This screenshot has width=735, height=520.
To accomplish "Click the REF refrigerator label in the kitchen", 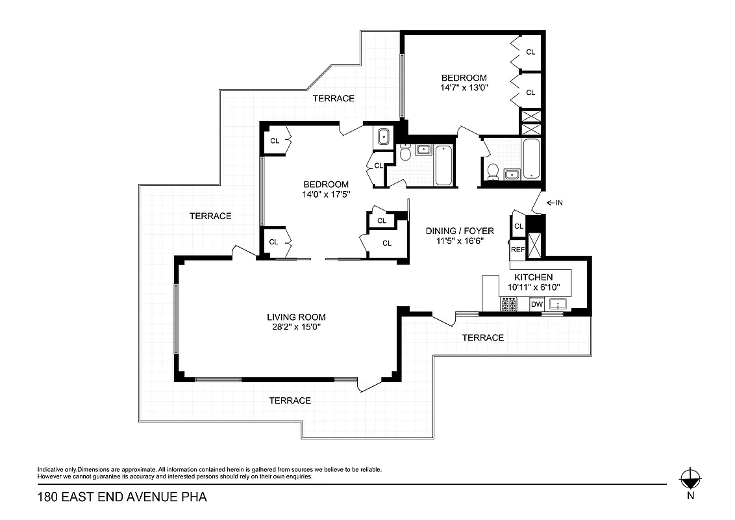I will [517, 250].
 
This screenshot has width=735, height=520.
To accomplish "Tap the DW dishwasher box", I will [536, 304].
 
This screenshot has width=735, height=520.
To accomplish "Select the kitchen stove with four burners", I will [508, 304].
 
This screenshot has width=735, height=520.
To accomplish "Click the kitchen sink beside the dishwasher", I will [558, 304].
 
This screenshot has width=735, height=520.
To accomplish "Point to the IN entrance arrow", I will [554, 203].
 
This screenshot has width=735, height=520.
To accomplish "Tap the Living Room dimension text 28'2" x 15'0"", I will [296, 327].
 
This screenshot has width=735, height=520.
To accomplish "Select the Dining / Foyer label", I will [460, 231].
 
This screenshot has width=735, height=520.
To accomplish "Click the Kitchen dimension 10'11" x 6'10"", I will [533, 287].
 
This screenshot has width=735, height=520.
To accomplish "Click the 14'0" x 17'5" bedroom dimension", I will [325, 194].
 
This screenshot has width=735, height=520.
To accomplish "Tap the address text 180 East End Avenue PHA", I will [122, 498].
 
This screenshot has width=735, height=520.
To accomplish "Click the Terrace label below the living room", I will [290, 400].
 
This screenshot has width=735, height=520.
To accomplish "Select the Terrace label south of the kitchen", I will [482, 337].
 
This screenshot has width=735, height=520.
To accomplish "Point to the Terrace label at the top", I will [334, 98].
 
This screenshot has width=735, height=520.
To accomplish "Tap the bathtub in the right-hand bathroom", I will [530, 159].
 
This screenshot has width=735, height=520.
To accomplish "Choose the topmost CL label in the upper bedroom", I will [530, 52].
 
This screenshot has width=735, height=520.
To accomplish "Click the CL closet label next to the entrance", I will [518, 226].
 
